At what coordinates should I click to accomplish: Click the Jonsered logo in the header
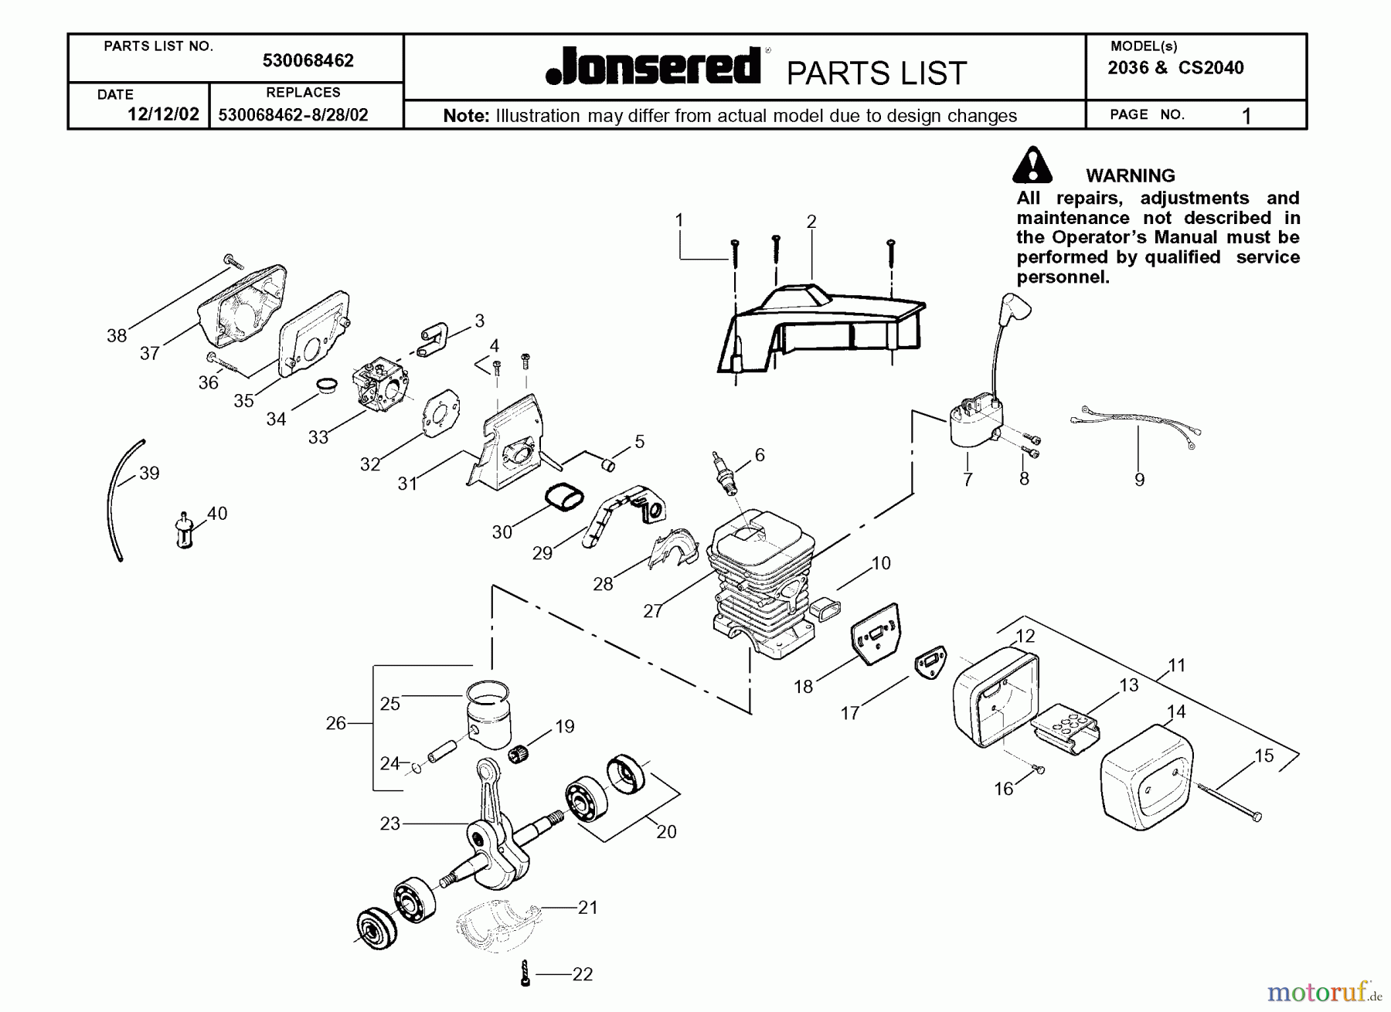[x=653, y=66]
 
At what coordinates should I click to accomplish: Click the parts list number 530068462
[x=308, y=61]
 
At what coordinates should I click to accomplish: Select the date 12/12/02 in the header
[x=162, y=114]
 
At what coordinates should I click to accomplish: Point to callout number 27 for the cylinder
[x=652, y=611]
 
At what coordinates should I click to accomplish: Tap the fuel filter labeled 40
[x=184, y=531]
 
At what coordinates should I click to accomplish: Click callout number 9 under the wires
[x=1139, y=480]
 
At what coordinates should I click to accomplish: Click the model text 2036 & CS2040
[x=1175, y=68]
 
